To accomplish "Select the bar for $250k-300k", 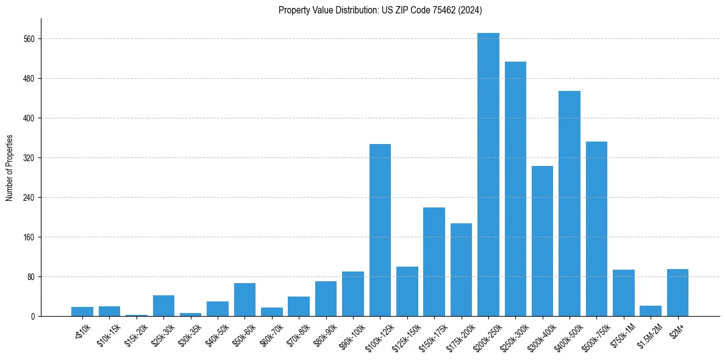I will tap(515, 189).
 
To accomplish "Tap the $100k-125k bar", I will tap(380, 230).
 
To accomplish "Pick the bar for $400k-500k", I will tap(570, 204).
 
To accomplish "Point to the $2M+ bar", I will tap(677, 293).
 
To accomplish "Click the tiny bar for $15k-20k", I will tap(137, 315).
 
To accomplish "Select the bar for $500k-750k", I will tap(596, 229).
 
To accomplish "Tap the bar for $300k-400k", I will tap(542, 241).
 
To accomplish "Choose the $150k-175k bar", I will tap(434, 262).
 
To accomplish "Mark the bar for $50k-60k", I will tap(245, 300).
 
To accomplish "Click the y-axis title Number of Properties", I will tap(9, 168).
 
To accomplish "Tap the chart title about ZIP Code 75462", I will tap(380, 10).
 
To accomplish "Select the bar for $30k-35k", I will tap(190, 314).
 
